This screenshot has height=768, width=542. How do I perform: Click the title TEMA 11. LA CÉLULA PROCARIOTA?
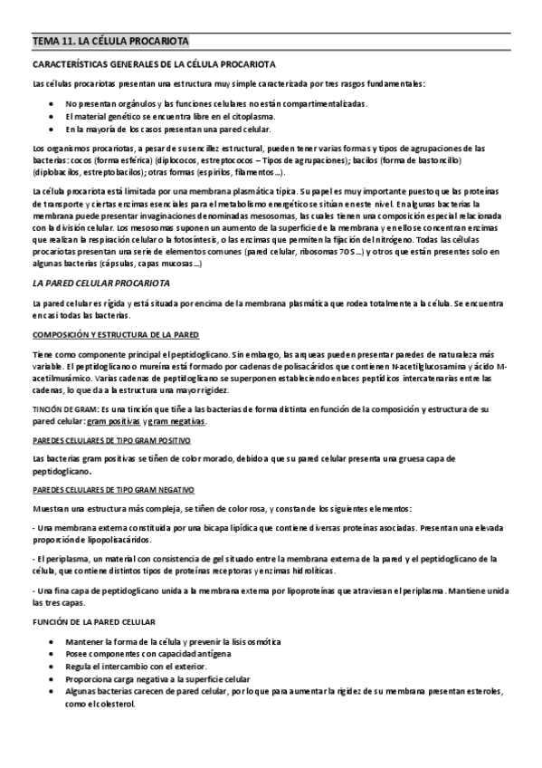coord(110,42)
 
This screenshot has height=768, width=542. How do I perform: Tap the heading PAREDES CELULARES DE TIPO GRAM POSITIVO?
coord(111,440)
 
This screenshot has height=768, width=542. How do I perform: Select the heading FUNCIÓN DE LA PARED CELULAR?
coord(94,621)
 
